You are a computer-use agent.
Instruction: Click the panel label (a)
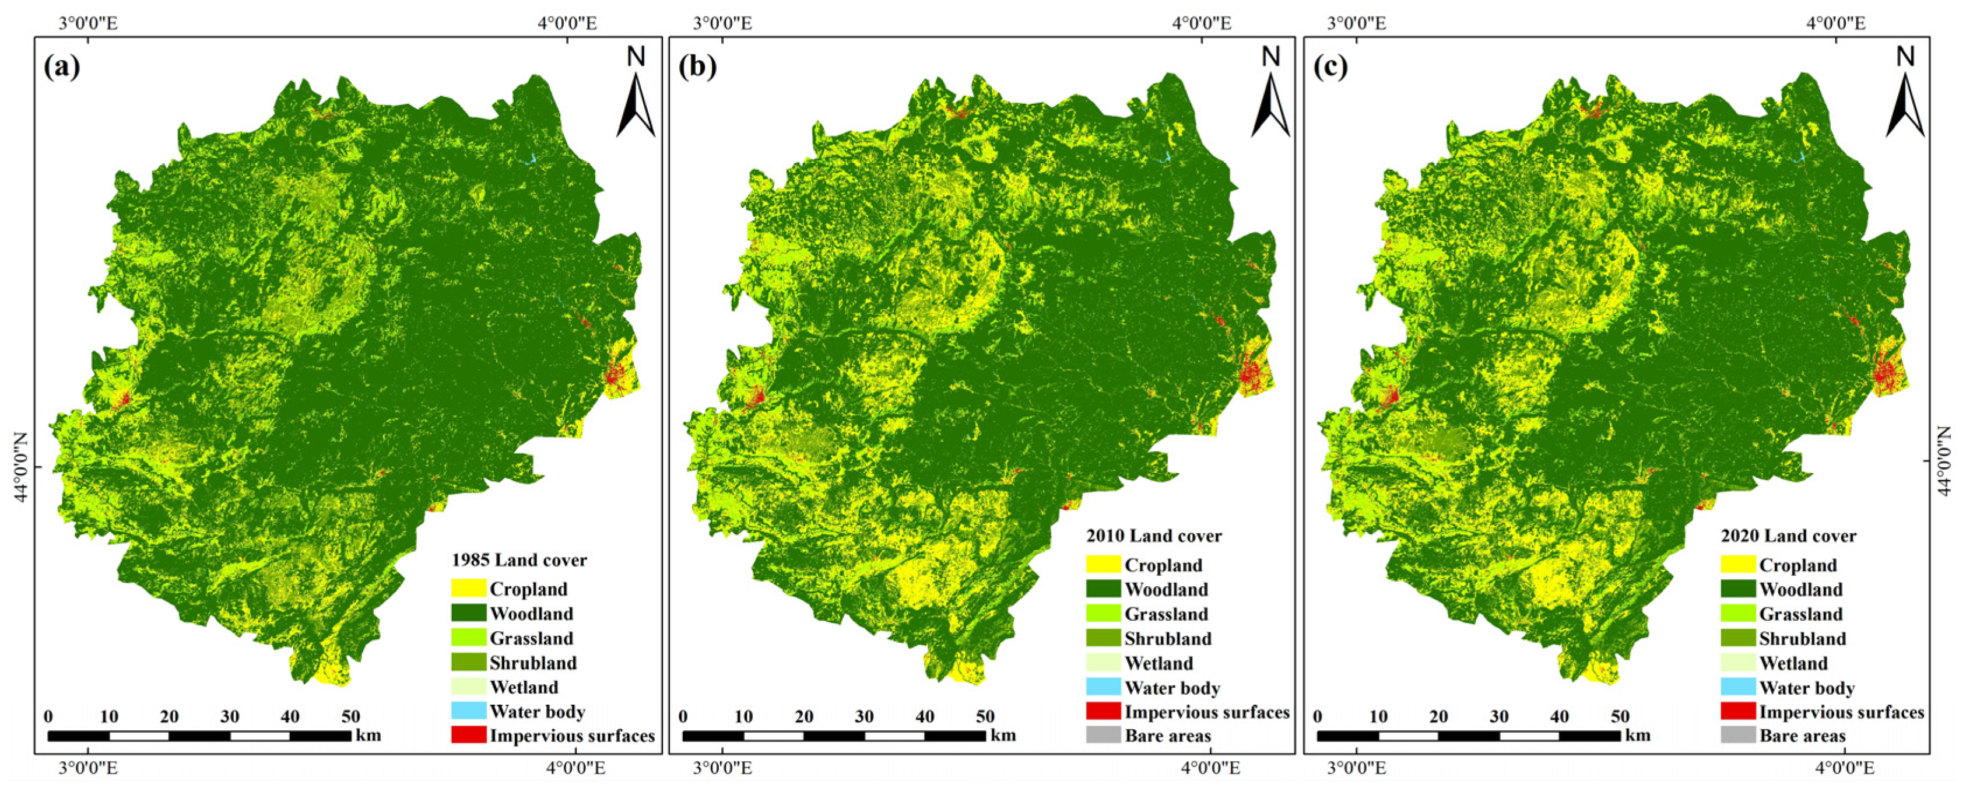61,67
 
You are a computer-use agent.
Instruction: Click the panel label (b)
697,67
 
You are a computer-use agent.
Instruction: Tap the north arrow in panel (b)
1270,96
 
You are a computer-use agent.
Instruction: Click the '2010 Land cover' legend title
1154,536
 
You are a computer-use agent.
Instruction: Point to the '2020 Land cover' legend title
1788,536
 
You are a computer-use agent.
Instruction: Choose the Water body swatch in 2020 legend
1738,687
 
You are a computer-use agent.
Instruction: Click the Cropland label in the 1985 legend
528,589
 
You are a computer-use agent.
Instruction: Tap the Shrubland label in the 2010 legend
1168,638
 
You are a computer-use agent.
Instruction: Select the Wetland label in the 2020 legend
1793,663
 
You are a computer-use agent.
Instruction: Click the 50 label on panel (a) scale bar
350,716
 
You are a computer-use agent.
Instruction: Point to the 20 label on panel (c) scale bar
1438,716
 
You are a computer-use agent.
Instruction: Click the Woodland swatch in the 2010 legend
1103,589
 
